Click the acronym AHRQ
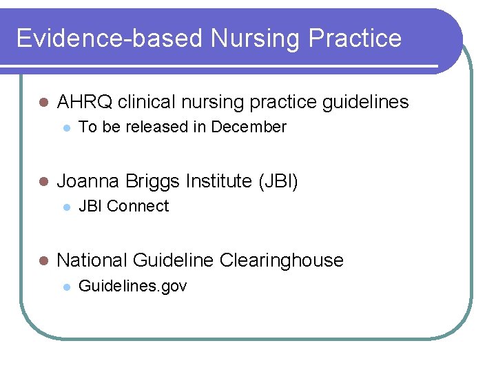(85, 103)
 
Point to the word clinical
(146, 103)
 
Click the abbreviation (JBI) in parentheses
(278, 182)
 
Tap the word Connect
(138, 206)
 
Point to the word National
(92, 260)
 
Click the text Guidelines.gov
(133, 286)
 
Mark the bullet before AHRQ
(43, 103)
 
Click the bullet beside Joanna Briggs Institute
(43, 183)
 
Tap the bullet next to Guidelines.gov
(65, 287)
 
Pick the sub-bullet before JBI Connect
(65, 207)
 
